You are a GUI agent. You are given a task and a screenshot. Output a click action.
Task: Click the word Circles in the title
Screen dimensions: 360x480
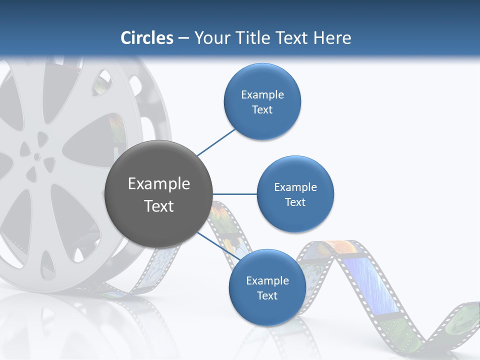(147, 38)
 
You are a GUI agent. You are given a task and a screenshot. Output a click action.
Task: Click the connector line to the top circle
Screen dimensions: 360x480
(216, 142)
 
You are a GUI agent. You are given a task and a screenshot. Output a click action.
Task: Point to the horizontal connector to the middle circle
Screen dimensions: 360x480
(234, 194)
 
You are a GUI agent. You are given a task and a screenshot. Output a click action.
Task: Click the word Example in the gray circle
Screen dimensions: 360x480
(159, 184)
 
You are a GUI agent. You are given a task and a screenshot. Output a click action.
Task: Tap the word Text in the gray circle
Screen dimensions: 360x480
(159, 206)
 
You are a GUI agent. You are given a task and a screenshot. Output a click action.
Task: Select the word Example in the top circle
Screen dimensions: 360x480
(262, 95)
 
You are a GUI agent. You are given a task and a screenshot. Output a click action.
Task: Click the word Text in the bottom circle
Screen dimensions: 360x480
(267, 296)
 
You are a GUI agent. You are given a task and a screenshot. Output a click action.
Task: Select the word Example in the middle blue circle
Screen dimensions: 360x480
(295, 187)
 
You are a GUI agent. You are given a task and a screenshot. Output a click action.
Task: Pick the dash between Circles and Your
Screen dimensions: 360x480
(183, 38)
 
